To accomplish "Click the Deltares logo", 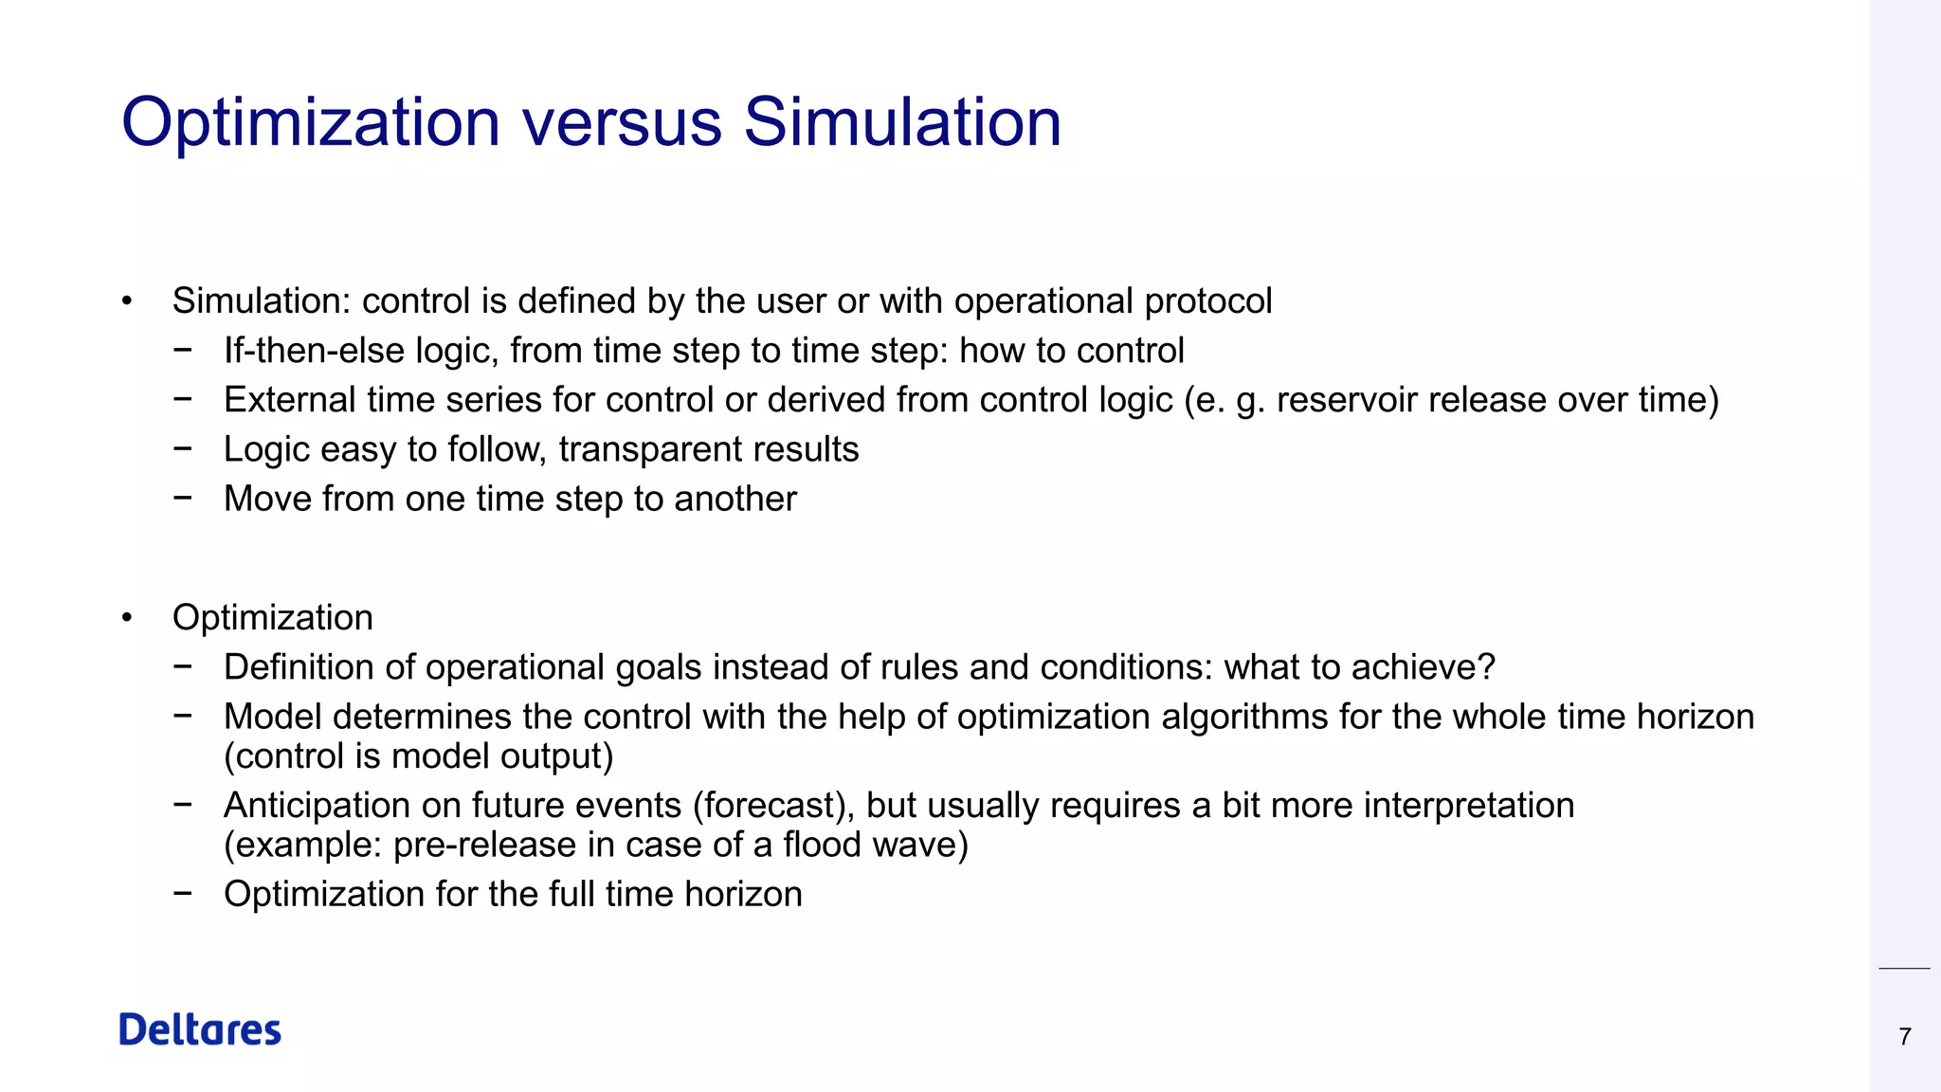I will click(200, 1029).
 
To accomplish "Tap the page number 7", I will click(1904, 1036).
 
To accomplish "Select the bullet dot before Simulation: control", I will click(126, 302).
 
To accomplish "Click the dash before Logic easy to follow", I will click(183, 448).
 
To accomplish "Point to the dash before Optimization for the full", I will click(183, 894).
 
